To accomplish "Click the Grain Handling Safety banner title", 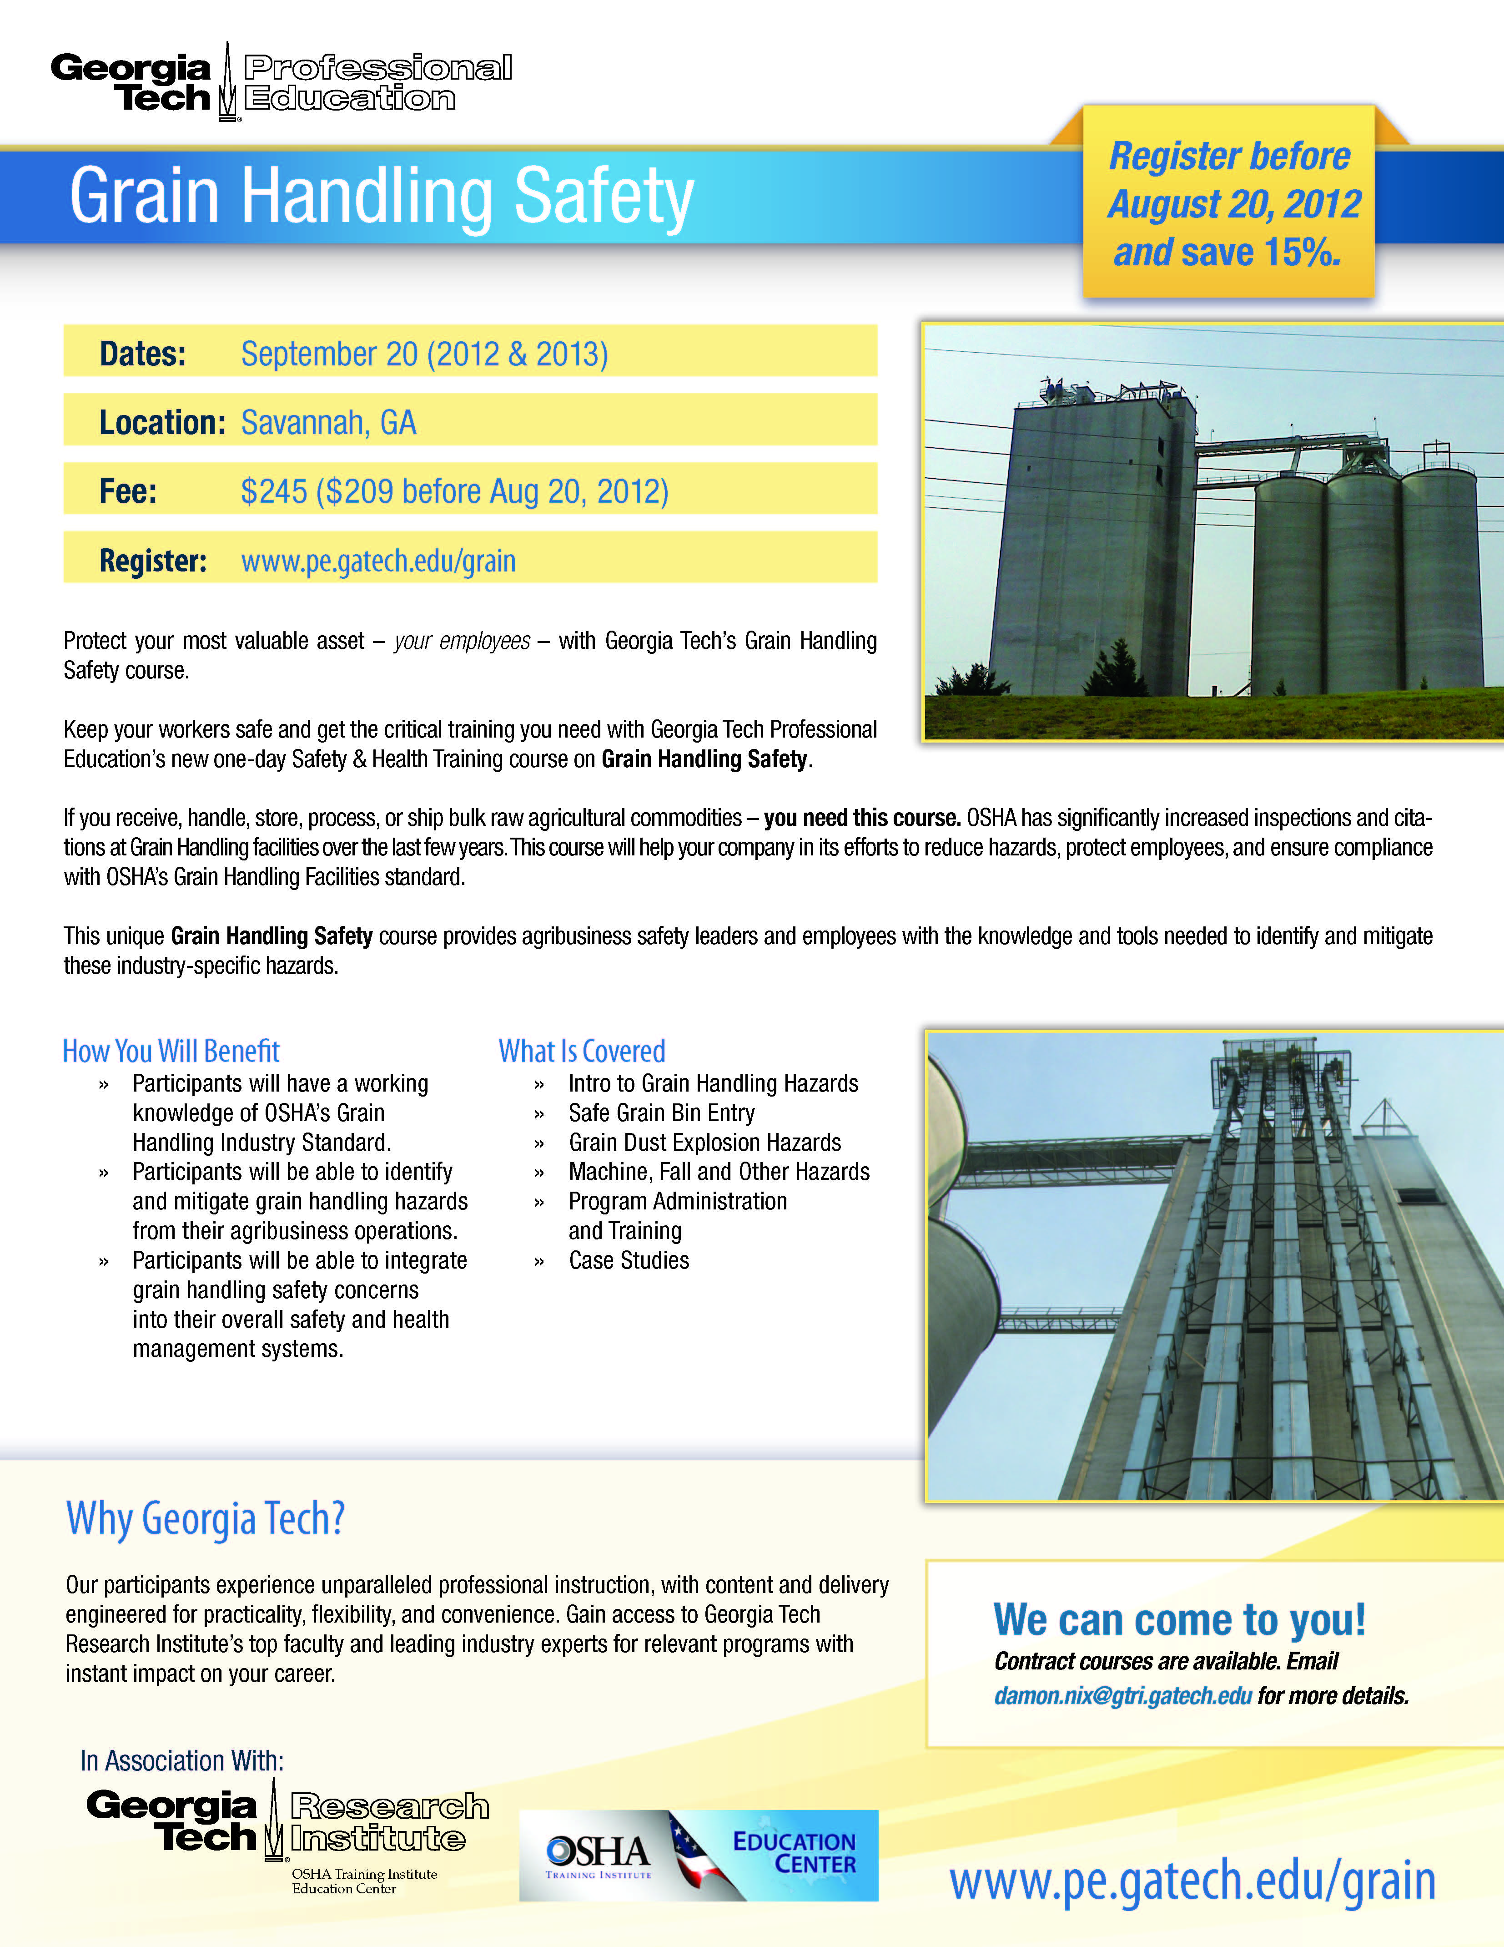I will pyautogui.click(x=382, y=196).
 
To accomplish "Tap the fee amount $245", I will pyautogui.click(x=273, y=491).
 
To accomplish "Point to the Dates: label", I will pyautogui.click(x=142, y=354).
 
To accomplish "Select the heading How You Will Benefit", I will pyautogui.click(x=171, y=1051).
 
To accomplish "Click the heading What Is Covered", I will pyautogui.click(x=582, y=1051).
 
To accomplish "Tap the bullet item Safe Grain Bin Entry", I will pyautogui.click(x=661, y=1113).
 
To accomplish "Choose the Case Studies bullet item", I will pyautogui.click(x=629, y=1260).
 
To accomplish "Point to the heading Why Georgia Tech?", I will pyautogui.click(x=205, y=1518).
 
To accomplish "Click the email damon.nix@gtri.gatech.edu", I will pyautogui.click(x=1122, y=1695).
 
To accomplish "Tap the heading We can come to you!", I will pyautogui.click(x=1179, y=1619).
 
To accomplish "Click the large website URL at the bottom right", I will pyautogui.click(x=1192, y=1881).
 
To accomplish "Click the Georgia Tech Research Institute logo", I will pyautogui.click(x=287, y=1826).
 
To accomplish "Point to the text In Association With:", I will pyautogui.click(x=182, y=1761).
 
